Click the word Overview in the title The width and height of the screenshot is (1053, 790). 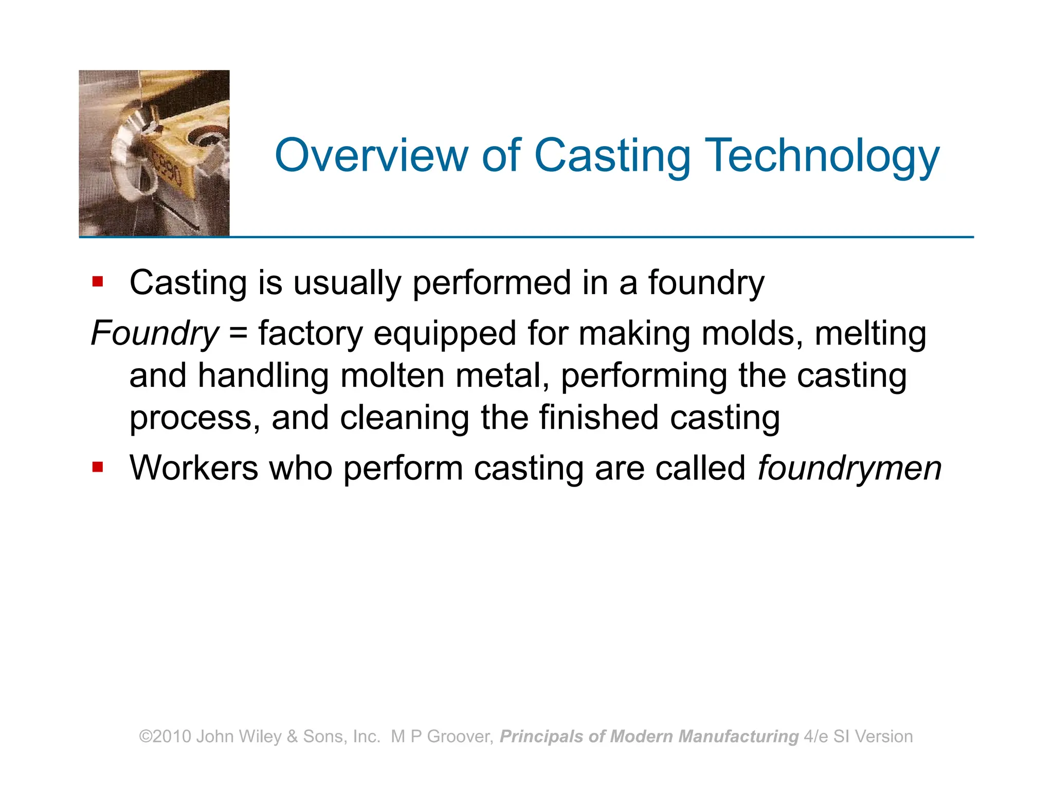click(x=371, y=155)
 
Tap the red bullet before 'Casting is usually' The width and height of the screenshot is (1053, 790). click(x=98, y=282)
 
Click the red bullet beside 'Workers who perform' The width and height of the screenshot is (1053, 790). click(x=98, y=467)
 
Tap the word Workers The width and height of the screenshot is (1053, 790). click(x=193, y=468)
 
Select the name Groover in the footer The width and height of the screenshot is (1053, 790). click(x=460, y=737)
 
